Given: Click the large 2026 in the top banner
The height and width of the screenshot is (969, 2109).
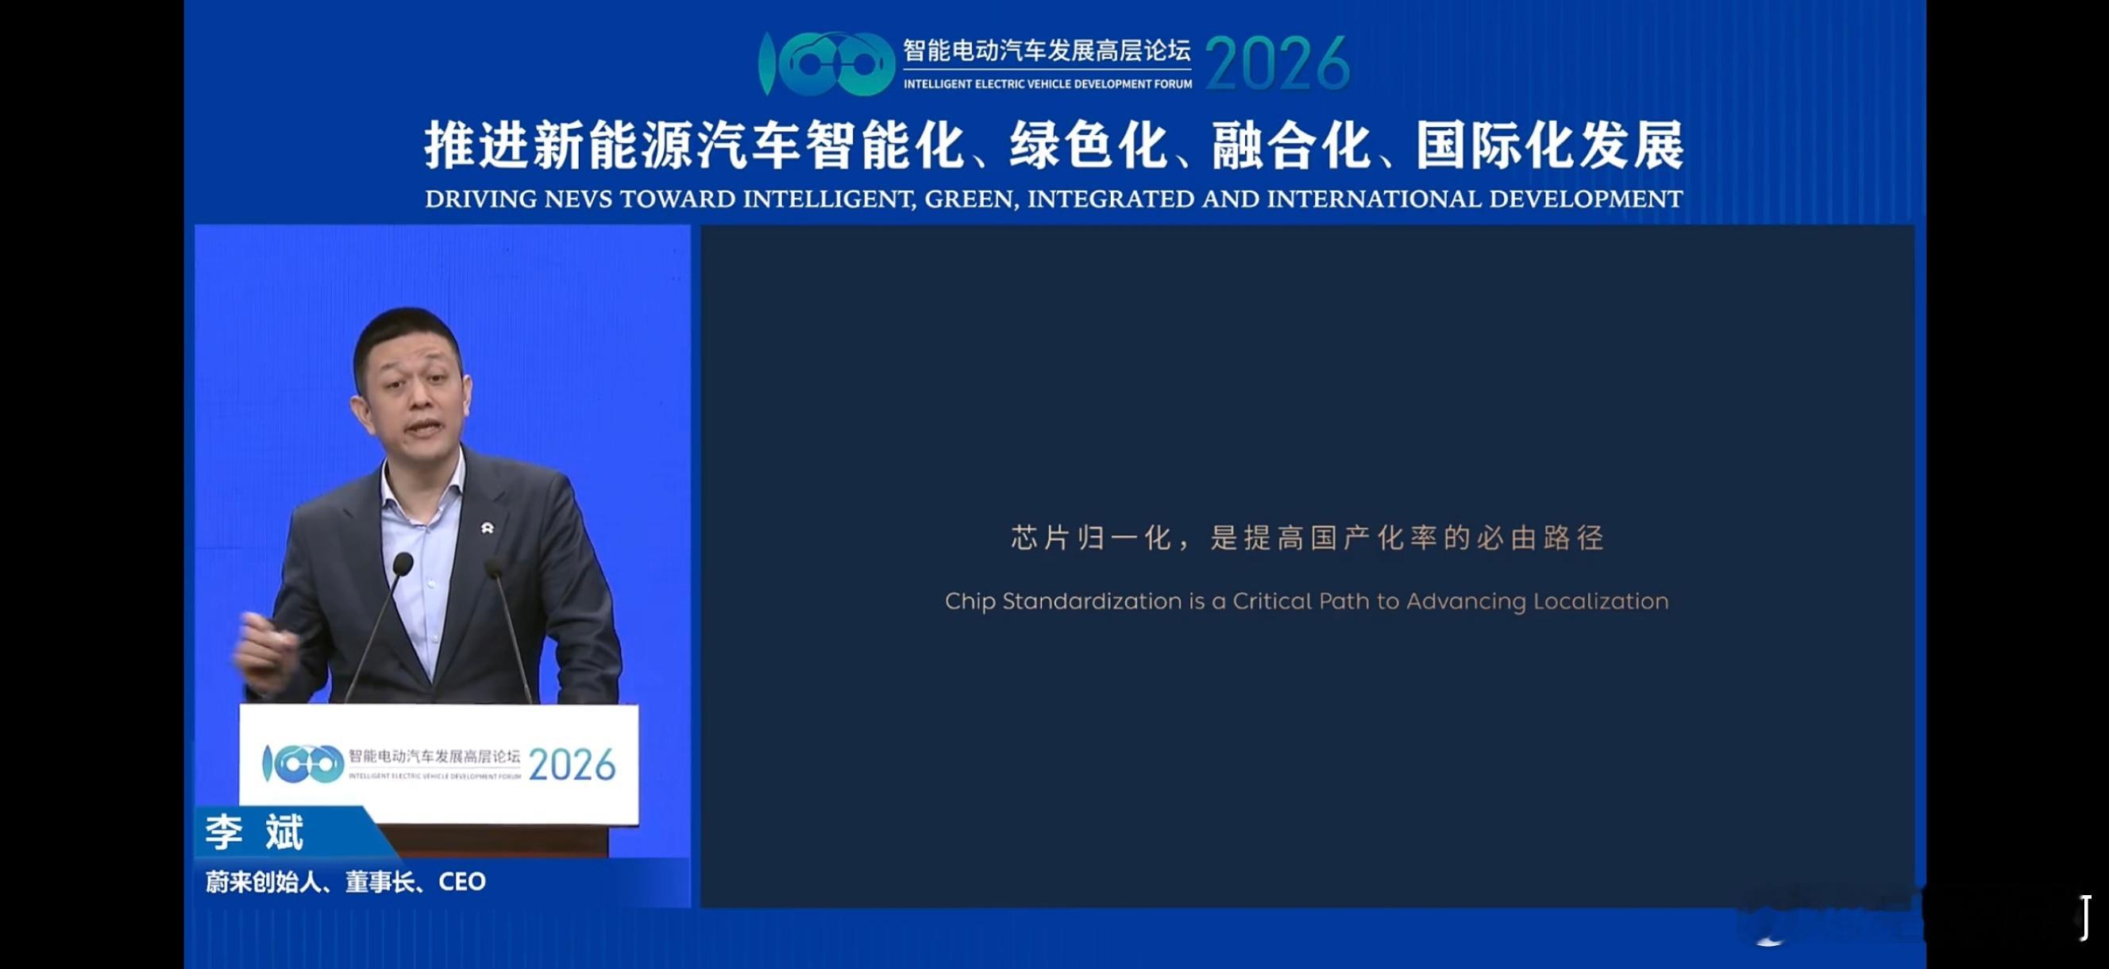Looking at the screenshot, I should tap(1277, 64).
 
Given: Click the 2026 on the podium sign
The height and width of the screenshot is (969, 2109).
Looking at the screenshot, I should tap(572, 766).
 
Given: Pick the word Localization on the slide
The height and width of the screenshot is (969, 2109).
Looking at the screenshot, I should tap(1601, 602).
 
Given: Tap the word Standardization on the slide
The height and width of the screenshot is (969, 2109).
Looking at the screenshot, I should tap(1092, 602).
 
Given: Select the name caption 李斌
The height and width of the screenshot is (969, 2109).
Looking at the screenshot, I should tap(255, 832).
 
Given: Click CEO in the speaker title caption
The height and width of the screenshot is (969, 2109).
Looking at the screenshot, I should tap(462, 882).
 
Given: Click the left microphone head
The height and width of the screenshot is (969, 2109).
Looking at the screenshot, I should tap(403, 564).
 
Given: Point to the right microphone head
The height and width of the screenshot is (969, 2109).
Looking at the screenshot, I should tap(494, 566).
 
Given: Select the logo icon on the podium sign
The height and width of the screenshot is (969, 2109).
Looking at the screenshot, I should tap(302, 764).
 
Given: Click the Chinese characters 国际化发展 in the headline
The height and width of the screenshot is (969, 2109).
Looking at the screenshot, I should tap(1550, 146).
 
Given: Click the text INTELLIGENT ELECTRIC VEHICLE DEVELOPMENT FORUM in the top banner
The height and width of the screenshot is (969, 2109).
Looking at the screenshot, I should tap(1047, 84).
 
